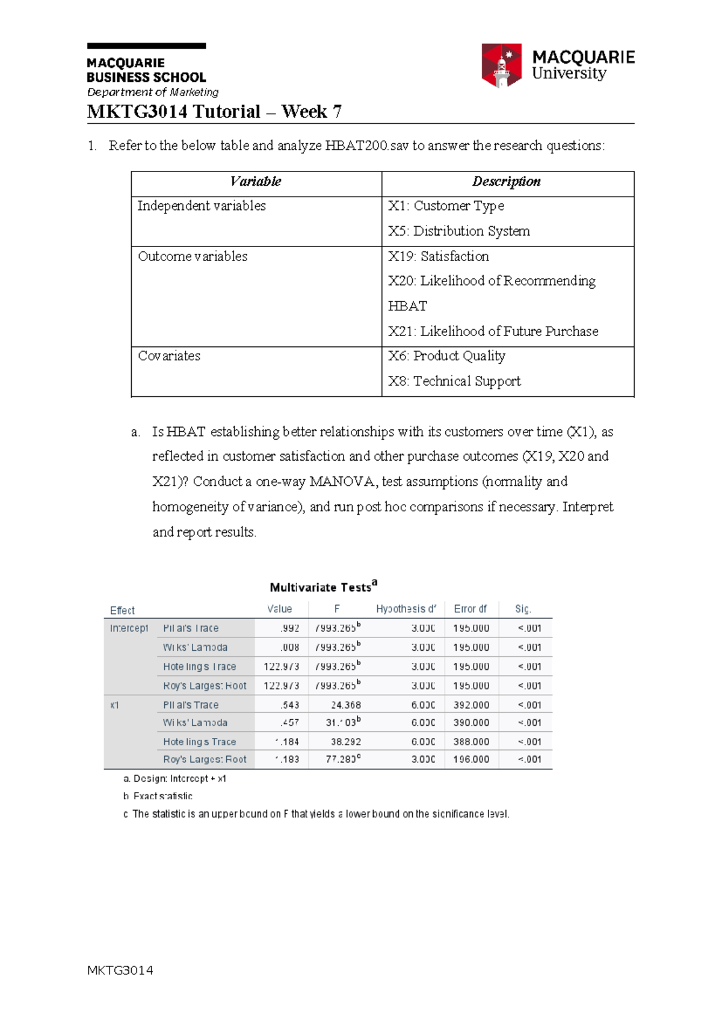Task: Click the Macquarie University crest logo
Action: tap(501, 65)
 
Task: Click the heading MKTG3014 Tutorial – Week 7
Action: tap(214, 112)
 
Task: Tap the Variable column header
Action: tap(256, 182)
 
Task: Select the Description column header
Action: tap(506, 182)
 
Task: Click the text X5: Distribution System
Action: tap(458, 231)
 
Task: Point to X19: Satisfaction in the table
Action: tap(438, 256)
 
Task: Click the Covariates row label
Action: tap(169, 356)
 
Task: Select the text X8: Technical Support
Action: tap(454, 381)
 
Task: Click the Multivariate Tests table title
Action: tap(323, 587)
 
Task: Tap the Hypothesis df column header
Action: tap(406, 609)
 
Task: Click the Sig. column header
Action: tap(523, 609)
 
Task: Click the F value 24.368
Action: tap(346, 705)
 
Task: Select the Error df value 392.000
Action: tap(471, 705)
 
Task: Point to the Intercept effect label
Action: tap(129, 628)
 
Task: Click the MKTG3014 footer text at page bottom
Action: tap(120, 970)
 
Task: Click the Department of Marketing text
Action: tap(153, 92)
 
